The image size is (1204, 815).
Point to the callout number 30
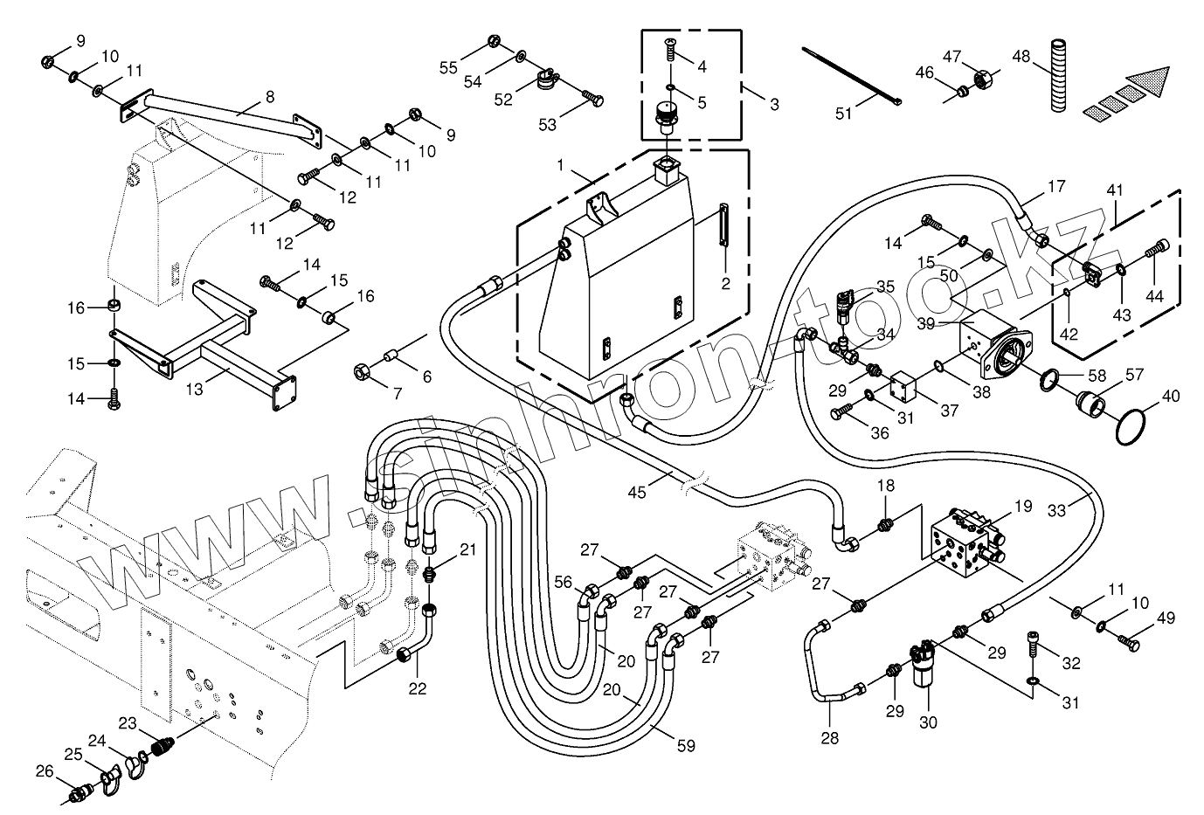[x=928, y=722]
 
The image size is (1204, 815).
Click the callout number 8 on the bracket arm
[x=269, y=96]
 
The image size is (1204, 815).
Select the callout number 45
[x=637, y=493]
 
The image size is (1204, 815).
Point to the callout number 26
[x=44, y=770]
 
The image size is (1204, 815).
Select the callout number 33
[x=1056, y=511]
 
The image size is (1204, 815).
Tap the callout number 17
[x=1056, y=186]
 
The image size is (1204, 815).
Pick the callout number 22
[x=418, y=688]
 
